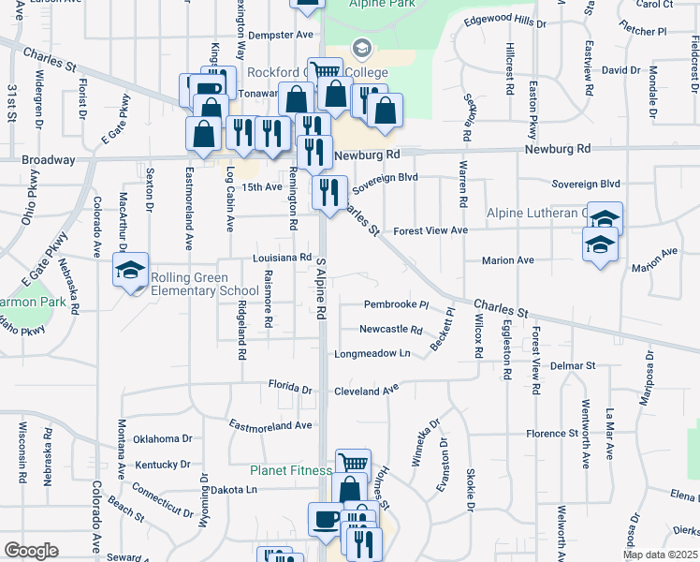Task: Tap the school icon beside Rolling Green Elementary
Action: (x=130, y=272)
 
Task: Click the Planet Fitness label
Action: (x=290, y=470)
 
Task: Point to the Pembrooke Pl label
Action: (x=396, y=305)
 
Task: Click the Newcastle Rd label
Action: (x=391, y=330)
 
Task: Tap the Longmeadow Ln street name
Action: (x=373, y=353)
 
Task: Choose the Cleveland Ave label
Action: (x=367, y=388)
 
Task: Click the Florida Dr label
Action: (x=290, y=387)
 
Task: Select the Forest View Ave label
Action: (x=430, y=230)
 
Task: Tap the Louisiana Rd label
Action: (x=281, y=257)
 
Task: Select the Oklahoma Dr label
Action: (x=162, y=438)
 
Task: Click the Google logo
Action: (x=31, y=551)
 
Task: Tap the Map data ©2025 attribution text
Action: (x=659, y=555)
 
